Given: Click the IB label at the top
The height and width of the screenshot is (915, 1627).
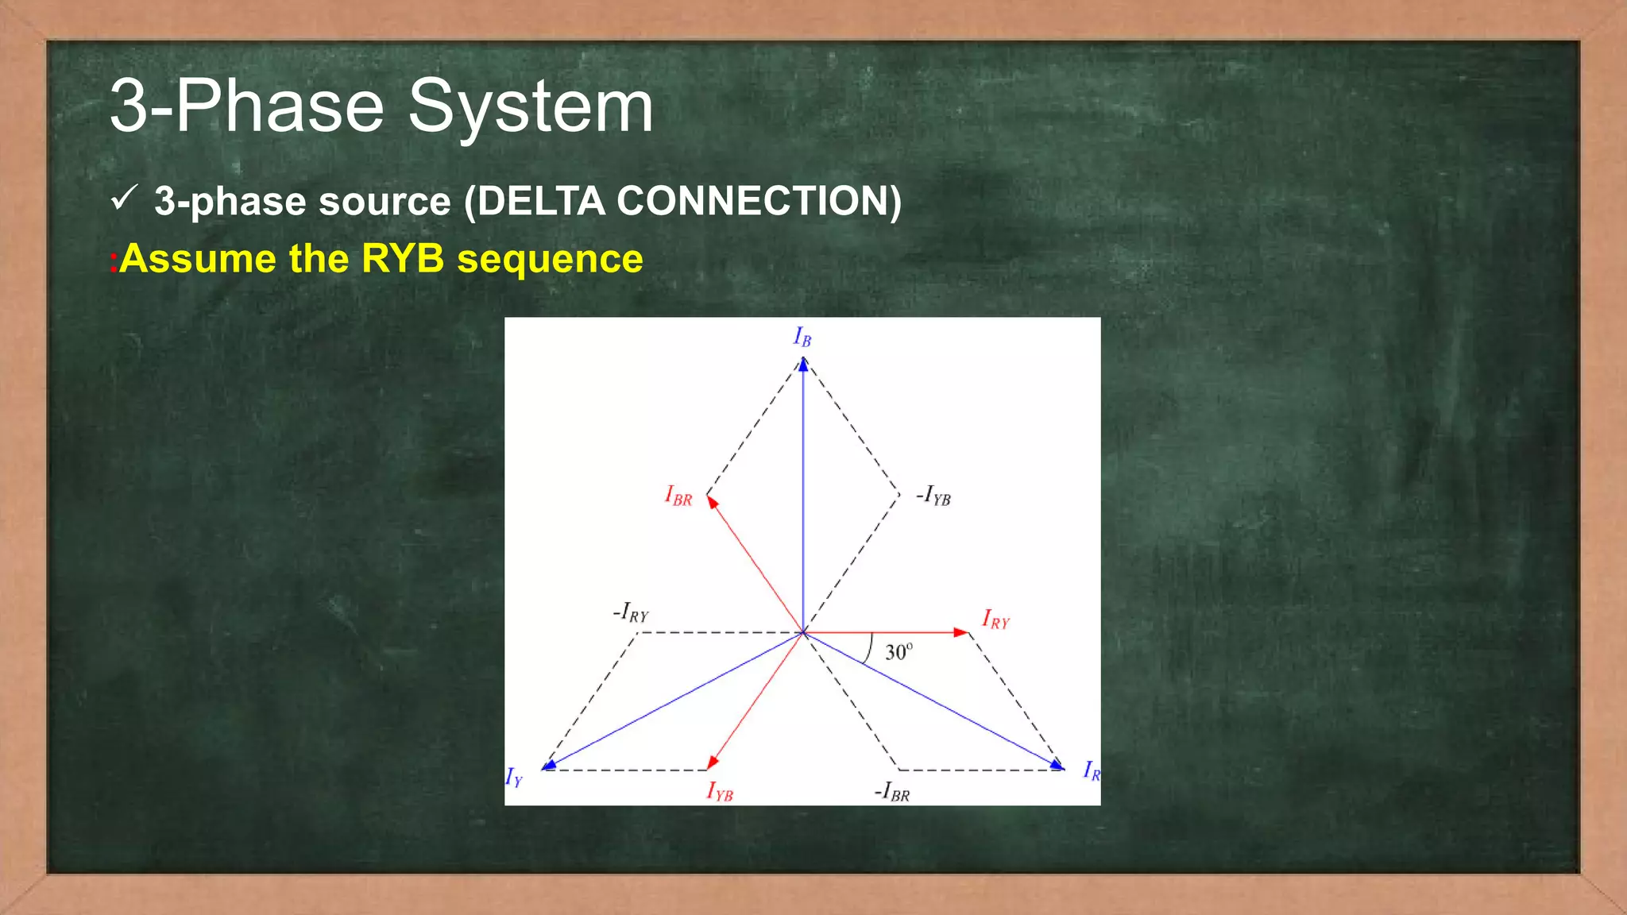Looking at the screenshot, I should [802, 338].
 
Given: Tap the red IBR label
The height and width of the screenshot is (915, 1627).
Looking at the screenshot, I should [678, 496].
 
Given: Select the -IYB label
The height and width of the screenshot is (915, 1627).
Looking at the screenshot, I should [933, 496].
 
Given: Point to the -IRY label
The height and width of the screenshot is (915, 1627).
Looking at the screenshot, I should [631, 613].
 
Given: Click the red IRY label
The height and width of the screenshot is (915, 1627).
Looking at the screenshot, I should [995, 620].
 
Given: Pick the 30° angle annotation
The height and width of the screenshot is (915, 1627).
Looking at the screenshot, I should [899, 652].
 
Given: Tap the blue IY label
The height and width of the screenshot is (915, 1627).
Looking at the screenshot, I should [514, 778].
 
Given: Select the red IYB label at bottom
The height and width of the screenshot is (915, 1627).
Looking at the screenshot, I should [720, 792].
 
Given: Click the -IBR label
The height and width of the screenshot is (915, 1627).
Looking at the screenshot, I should [892, 792].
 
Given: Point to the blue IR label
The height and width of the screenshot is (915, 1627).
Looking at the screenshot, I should [1092, 770].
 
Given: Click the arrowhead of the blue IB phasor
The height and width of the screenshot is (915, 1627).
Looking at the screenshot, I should [803, 365].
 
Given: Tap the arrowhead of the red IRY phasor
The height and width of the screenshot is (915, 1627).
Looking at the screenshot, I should [961, 632].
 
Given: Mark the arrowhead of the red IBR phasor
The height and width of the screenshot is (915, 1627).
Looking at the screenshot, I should [712, 502].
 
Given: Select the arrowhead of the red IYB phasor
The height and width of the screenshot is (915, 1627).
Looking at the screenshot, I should [712, 762].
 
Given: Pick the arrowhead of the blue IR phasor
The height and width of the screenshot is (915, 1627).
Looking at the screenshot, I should [1057, 765].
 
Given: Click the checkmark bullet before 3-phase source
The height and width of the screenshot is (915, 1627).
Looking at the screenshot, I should [125, 198].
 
